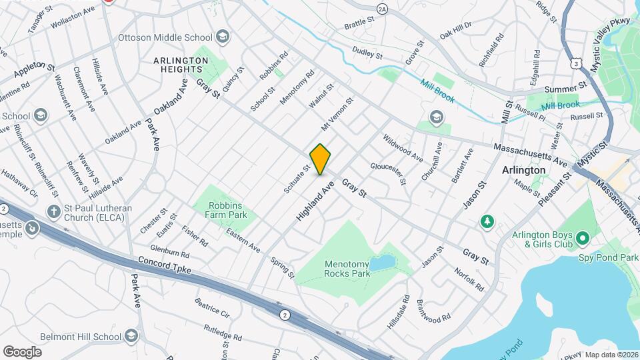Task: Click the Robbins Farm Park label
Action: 227,210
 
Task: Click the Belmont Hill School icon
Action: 131,335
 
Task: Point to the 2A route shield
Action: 381,9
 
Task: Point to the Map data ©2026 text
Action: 611,355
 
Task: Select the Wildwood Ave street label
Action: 403,149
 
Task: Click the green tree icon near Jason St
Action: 488,220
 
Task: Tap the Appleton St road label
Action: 32,67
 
